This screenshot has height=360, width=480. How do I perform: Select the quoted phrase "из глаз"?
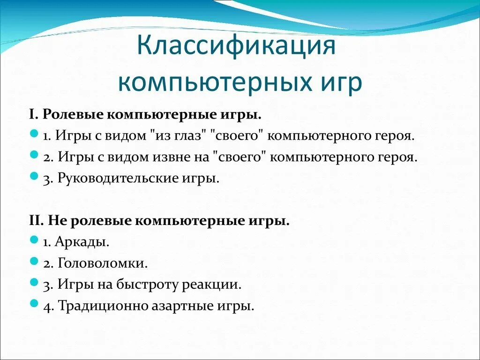coord(180,136)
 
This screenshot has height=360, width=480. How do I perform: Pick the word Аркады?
coord(82,242)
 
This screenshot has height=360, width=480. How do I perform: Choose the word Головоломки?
coord(103,263)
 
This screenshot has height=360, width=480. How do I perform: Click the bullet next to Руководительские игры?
coord(33,177)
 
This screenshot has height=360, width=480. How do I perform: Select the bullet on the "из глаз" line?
coord(33,134)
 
